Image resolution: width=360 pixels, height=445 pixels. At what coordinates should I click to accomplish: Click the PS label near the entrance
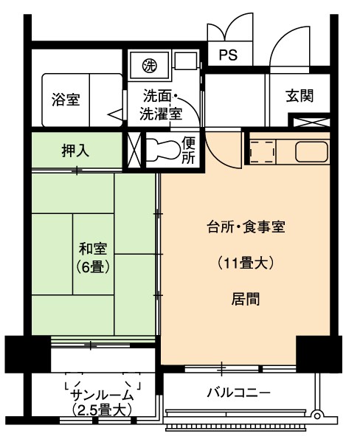pos(228,55)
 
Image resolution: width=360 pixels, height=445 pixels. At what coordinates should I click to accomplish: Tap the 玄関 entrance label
pos(300,96)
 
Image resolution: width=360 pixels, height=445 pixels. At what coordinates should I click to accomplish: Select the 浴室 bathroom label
pos(66,100)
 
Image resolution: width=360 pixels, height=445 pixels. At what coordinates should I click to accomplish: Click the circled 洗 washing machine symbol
pos(149,66)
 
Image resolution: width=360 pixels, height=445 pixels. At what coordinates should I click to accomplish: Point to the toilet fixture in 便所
pos(164,149)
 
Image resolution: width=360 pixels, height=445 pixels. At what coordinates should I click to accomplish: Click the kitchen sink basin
pos(312,151)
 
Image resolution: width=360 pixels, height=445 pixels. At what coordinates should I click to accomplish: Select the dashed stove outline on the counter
pos(263,151)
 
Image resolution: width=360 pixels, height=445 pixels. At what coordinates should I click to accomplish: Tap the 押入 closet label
pos(75,151)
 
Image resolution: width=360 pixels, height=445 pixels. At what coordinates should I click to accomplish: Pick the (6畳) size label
pos(93,266)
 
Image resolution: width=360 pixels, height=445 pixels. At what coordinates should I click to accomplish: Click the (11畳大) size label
pos(246,263)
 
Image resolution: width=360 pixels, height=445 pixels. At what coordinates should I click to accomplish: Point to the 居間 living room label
pos(246,299)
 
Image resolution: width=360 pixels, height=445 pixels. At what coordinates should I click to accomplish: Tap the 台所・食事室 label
pos(246,227)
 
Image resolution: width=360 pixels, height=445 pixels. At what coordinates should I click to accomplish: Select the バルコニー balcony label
pos(238,393)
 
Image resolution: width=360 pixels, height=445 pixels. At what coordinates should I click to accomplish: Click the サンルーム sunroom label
pos(102,395)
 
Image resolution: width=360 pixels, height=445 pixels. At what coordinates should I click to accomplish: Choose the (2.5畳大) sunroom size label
pos(102,410)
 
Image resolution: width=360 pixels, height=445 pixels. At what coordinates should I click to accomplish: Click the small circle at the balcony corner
pos(316,415)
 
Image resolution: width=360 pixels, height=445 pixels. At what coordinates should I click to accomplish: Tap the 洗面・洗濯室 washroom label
pos(161,105)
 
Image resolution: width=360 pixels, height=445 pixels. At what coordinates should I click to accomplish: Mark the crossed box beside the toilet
pos(134,150)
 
